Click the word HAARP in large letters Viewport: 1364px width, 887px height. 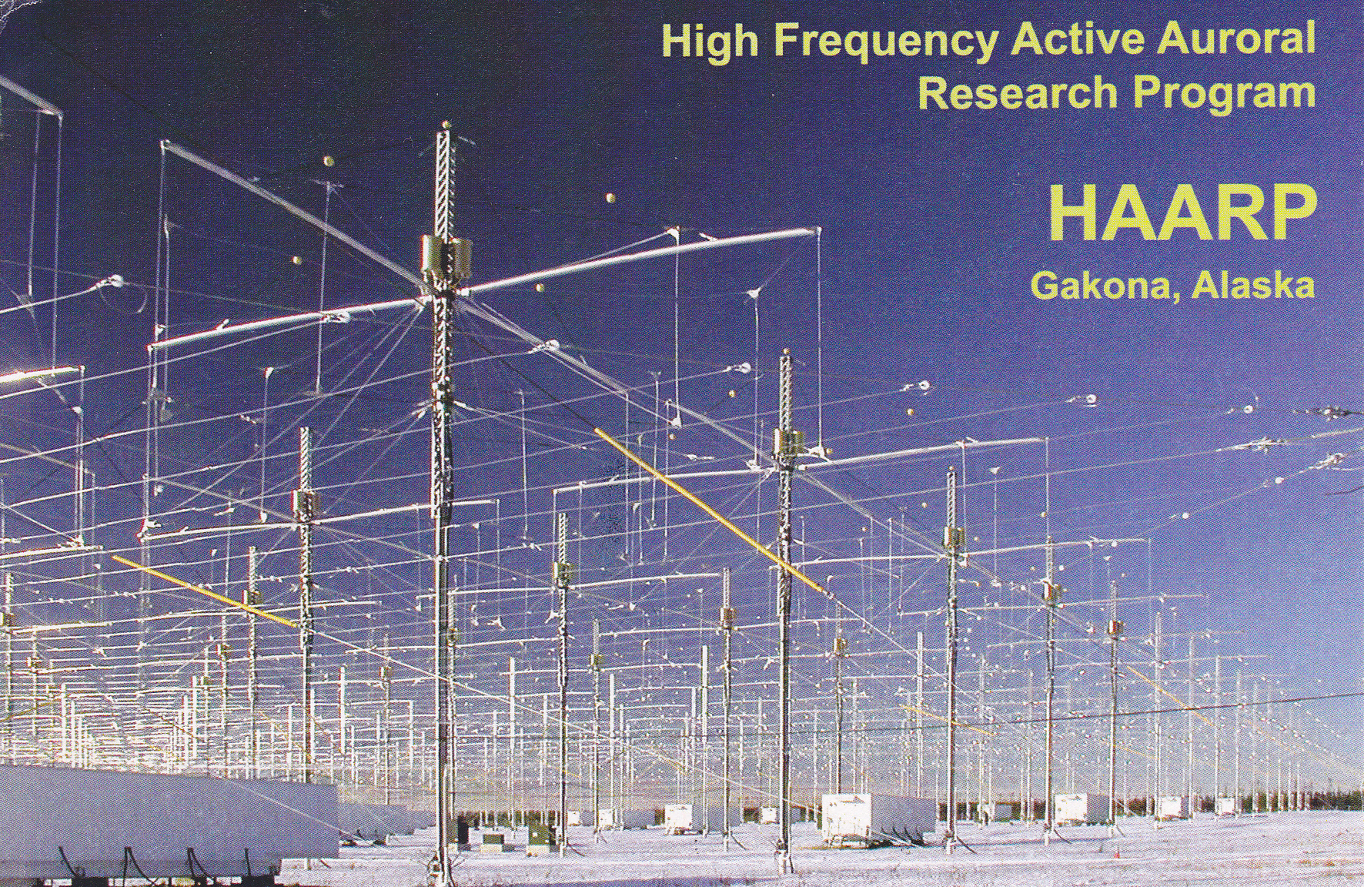pos(1180,216)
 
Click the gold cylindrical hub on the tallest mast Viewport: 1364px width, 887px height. pos(446,256)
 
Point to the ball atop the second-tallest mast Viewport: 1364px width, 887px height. pos(786,352)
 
